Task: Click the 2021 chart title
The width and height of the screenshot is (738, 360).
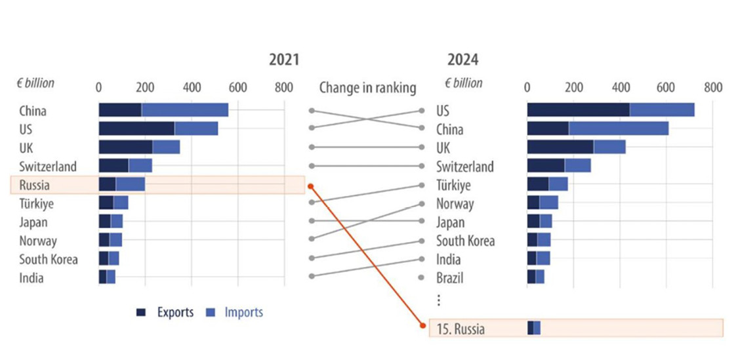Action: (283, 60)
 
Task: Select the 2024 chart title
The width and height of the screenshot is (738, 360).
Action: (463, 60)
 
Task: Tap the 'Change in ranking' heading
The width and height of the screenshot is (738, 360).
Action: (367, 88)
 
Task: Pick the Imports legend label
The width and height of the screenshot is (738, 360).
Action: (243, 313)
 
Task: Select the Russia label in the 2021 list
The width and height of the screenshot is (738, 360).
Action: (34, 185)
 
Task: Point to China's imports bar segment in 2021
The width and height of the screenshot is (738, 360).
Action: (185, 110)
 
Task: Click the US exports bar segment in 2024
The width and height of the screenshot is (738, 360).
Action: (578, 110)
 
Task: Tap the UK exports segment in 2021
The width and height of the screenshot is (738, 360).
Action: (125, 147)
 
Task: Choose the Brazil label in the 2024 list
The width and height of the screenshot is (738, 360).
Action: (449, 278)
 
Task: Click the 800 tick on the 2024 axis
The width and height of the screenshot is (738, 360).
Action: (712, 88)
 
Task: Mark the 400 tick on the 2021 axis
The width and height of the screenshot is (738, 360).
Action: (192, 88)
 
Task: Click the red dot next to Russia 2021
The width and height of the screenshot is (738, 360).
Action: (311, 186)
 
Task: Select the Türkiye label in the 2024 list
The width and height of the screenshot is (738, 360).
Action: (453, 186)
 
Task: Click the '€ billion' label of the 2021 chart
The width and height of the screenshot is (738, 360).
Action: (35, 83)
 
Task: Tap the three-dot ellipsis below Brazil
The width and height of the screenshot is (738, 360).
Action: (439, 300)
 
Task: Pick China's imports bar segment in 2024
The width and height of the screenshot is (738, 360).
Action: (619, 129)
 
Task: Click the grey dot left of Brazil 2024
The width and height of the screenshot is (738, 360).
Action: (422, 278)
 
